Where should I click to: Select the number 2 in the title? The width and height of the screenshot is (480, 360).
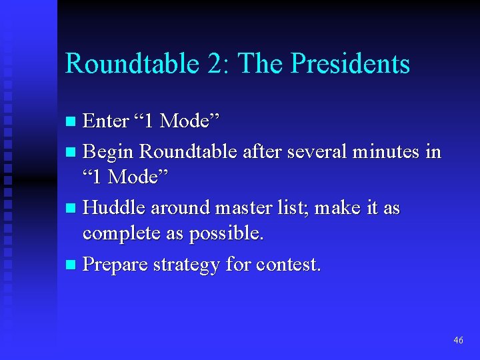click(x=215, y=64)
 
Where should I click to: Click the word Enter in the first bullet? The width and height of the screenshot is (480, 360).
click(x=105, y=121)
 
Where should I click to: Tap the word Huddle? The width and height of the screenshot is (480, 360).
click(x=115, y=209)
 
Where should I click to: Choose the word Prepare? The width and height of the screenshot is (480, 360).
click(x=116, y=265)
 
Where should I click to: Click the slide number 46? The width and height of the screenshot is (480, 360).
click(x=458, y=340)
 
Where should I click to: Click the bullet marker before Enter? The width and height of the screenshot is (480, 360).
click(x=71, y=122)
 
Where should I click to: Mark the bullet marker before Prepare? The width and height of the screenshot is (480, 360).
click(x=71, y=265)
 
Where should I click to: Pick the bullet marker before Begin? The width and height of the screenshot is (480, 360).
click(x=71, y=153)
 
